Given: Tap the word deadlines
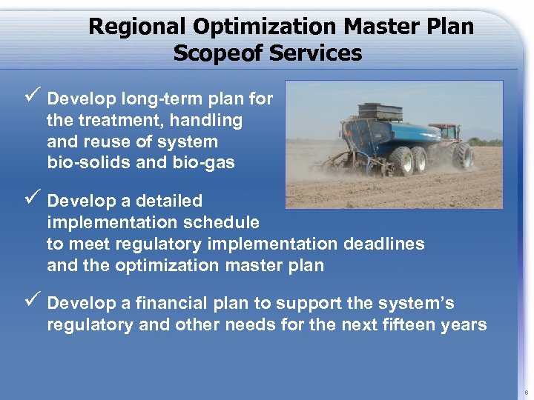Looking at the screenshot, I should [x=384, y=244].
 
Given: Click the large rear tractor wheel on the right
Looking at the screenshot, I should [x=465, y=156].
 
